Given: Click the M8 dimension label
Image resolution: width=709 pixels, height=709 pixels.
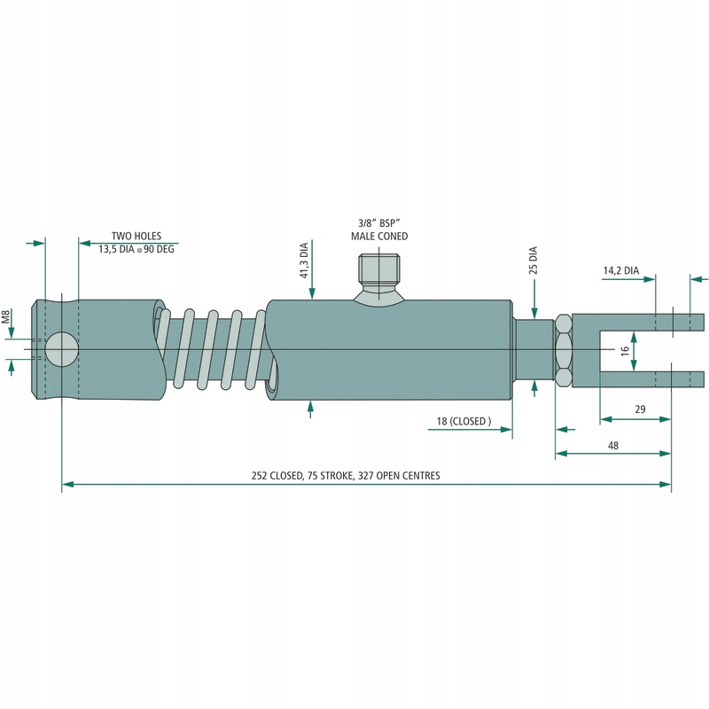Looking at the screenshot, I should point(6,316).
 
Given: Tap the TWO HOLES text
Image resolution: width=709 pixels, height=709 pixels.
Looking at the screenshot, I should point(136,237).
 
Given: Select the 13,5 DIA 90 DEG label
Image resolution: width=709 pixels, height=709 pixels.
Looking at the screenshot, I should point(137,250).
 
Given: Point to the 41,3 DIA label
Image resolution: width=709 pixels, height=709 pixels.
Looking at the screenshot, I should point(304,261).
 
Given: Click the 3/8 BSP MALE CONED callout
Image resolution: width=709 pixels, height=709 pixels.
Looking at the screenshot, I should point(379,230).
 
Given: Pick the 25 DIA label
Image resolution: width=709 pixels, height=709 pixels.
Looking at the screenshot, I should point(534,262).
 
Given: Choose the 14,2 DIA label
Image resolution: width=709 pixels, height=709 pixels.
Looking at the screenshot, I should point(620,270).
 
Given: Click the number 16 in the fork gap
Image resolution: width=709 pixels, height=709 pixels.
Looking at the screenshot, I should point(625,350).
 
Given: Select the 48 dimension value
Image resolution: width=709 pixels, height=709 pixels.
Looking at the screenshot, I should point(613,446).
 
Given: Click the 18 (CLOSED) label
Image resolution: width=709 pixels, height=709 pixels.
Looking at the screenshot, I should point(462,421).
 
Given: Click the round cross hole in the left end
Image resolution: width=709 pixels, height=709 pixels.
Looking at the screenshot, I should point(61,349).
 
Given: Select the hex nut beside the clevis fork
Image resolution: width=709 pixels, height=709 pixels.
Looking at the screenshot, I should point(563,351).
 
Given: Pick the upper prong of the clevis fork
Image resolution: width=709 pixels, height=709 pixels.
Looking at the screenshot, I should point(638,322).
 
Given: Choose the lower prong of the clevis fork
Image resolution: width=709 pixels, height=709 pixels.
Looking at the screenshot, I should point(638,379).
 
